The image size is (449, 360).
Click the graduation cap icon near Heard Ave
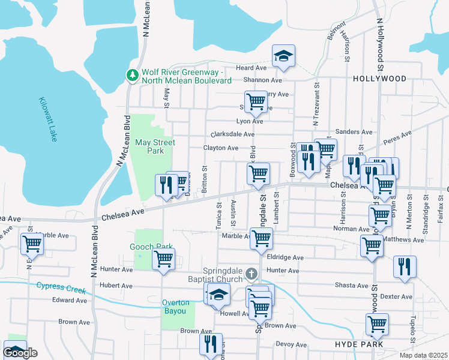coord(283,57)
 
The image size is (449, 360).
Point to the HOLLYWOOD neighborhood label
coord(379,79)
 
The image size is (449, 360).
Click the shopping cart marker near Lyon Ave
coord(256,101)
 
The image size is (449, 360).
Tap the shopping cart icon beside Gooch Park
coord(163,260)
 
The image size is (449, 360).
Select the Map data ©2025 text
coord(424,355)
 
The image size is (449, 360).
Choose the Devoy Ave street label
coord(291,344)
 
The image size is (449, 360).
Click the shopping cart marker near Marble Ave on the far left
coord(31,244)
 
